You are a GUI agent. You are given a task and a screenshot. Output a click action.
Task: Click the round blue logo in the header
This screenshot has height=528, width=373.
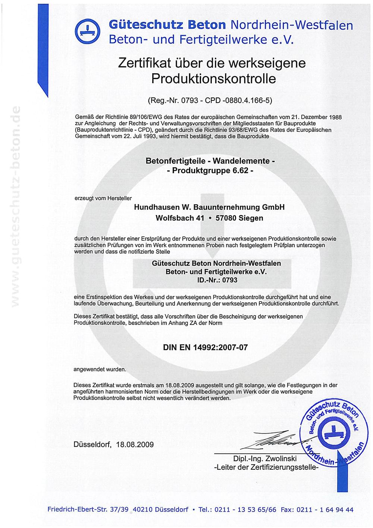click(x=88, y=30)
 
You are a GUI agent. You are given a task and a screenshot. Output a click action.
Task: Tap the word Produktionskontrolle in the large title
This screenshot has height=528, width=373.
click(x=213, y=79)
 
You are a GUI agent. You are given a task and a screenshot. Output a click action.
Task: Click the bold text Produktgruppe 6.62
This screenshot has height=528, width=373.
click(x=210, y=171)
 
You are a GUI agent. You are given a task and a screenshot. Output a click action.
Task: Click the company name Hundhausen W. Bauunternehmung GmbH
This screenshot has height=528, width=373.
click(x=209, y=207)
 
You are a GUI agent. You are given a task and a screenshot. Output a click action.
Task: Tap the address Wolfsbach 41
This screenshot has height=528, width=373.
click(x=180, y=218)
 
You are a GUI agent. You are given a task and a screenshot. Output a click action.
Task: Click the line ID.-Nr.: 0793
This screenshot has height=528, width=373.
click(x=217, y=280)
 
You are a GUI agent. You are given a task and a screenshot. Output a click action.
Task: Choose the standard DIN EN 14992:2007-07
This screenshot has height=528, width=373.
click(x=205, y=347)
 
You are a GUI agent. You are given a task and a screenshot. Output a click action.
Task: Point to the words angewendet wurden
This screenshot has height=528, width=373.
click(x=100, y=369)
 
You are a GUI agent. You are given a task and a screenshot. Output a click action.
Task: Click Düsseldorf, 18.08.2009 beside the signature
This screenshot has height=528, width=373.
click(x=113, y=444)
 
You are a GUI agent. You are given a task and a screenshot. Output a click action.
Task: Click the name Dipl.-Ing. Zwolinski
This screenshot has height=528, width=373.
click(x=264, y=459)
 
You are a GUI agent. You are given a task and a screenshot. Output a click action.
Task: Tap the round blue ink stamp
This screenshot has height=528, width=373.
click(x=332, y=433)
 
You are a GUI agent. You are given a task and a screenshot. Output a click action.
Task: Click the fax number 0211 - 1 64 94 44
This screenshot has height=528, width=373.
click(x=325, y=509)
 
